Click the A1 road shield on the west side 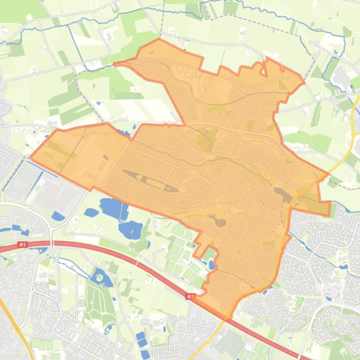pos(22,245)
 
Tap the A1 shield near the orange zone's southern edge pos(190,296)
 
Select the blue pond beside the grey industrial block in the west pos(58,216)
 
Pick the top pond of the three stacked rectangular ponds pos(140,336)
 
